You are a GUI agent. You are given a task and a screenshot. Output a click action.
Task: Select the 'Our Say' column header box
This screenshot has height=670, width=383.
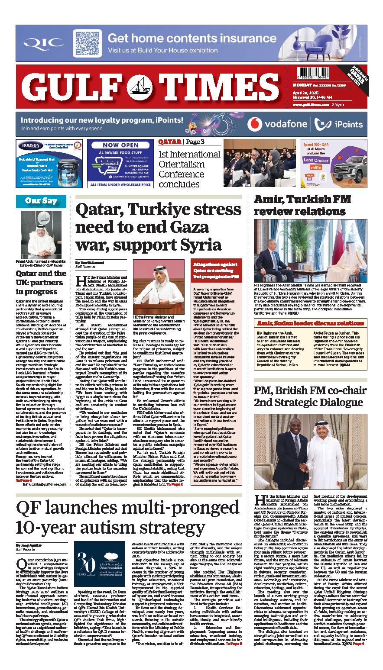click(x=42, y=201)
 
